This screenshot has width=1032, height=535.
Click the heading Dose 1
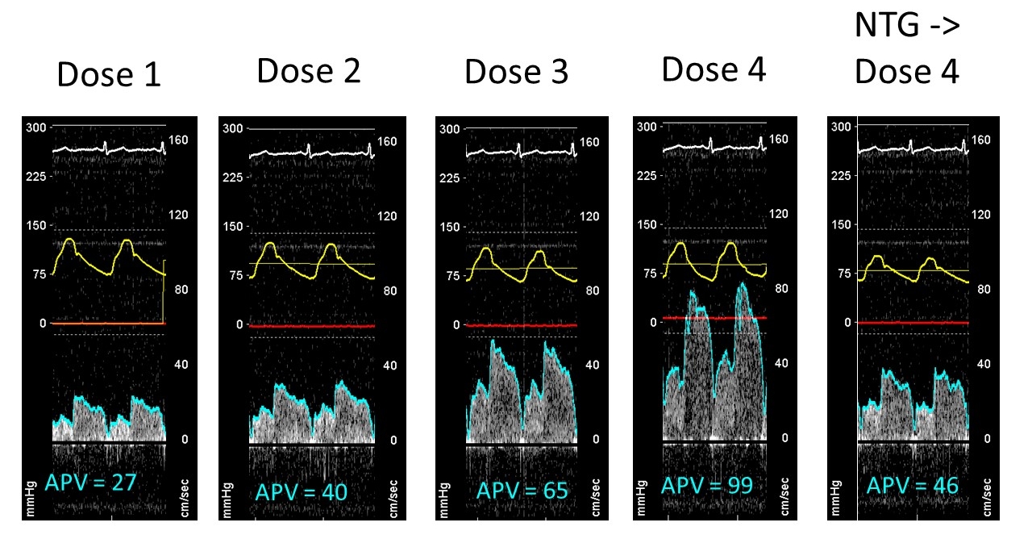[x=109, y=74]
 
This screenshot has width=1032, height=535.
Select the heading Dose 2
[x=309, y=71]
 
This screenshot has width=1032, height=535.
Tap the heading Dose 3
[x=517, y=72]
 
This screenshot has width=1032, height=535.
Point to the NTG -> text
[x=907, y=25]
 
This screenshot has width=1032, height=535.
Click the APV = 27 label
[x=91, y=483]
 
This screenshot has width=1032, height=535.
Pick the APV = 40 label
[x=302, y=492]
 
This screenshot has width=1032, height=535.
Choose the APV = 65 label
[x=522, y=491]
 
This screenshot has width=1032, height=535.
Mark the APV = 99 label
[x=707, y=485]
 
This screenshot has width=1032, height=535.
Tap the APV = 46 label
[x=912, y=485]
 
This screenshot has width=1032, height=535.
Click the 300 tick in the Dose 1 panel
[x=36, y=127]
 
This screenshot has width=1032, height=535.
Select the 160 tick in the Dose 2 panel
[x=387, y=141]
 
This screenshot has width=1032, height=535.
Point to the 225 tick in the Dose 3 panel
[x=450, y=178]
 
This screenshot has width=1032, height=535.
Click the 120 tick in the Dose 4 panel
[x=779, y=214]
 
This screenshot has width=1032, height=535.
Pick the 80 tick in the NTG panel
[x=984, y=289]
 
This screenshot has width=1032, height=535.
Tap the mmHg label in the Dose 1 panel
[x=31, y=499]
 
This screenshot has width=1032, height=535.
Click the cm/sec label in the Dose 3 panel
[x=595, y=497]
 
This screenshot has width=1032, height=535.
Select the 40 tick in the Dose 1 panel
[x=181, y=365]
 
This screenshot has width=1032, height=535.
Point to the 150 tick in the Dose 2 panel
[x=233, y=227]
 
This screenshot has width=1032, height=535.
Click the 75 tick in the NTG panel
[x=844, y=274]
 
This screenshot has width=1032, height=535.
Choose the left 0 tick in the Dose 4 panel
[x=653, y=323]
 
